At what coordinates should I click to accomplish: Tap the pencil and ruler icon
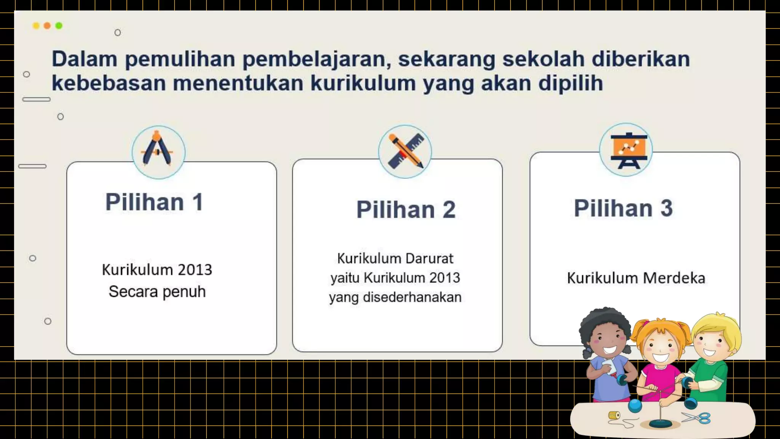click(405, 151)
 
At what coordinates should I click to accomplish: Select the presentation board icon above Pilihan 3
click(626, 150)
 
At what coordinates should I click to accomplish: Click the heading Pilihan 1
click(154, 202)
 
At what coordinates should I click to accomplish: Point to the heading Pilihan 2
click(406, 210)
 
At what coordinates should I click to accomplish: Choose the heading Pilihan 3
click(623, 208)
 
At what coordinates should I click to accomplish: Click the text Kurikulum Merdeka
click(636, 278)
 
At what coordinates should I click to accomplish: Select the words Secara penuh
click(157, 292)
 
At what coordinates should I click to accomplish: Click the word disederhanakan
click(412, 297)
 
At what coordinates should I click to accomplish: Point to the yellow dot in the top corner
click(36, 26)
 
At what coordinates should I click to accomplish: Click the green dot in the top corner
click(59, 26)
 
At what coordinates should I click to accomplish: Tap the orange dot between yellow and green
click(47, 26)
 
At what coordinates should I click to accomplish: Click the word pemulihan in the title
click(180, 59)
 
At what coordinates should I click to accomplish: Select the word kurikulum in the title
click(363, 83)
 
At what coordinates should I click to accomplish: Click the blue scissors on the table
click(697, 418)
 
